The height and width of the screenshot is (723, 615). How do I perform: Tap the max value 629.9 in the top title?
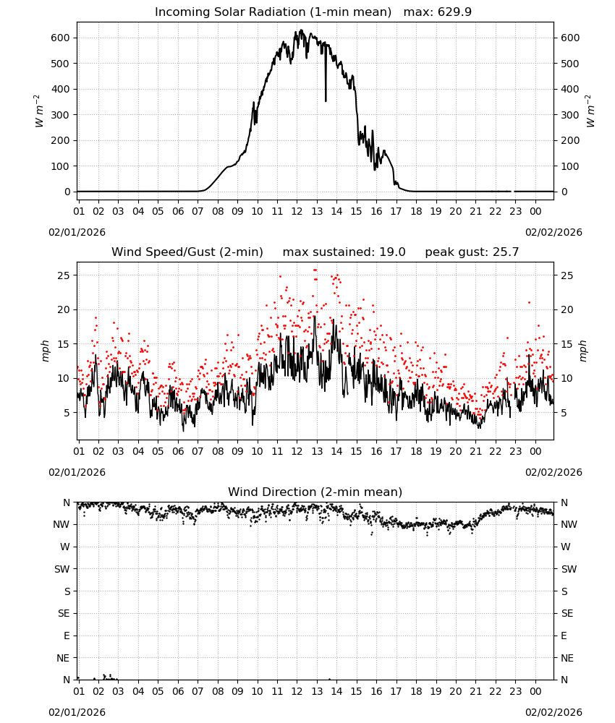pyautogui.click(x=454, y=12)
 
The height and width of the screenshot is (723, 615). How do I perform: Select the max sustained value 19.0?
pyautogui.click(x=392, y=252)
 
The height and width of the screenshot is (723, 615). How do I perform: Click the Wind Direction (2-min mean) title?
pyautogui.click(x=315, y=492)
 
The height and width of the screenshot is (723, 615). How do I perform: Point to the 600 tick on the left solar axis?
pyautogui.click(x=61, y=38)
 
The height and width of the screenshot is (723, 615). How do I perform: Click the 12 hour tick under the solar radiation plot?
pyautogui.click(x=297, y=211)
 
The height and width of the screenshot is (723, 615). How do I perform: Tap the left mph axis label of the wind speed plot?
pyautogui.click(x=45, y=351)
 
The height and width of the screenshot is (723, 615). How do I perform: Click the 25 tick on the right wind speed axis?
pyautogui.click(x=567, y=275)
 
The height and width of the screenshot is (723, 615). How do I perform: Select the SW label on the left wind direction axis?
pyautogui.click(x=61, y=569)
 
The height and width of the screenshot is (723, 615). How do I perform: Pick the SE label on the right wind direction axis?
pyautogui.click(x=567, y=613)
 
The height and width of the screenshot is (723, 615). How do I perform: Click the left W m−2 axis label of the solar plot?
pyautogui.click(x=39, y=111)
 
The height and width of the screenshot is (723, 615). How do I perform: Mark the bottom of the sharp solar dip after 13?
pyautogui.click(x=326, y=101)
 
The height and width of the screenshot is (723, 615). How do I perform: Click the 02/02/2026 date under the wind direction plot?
pyautogui.click(x=553, y=712)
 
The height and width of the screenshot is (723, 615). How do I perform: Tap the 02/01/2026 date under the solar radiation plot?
pyautogui.click(x=77, y=232)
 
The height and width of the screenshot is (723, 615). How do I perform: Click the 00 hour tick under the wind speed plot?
pyautogui.click(x=535, y=451)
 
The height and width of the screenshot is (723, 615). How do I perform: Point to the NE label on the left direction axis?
pyautogui.click(x=63, y=658)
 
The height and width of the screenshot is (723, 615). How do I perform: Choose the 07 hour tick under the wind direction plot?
pyautogui.click(x=198, y=691)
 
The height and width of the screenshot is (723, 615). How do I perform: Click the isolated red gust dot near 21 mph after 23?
pyautogui.click(x=529, y=302)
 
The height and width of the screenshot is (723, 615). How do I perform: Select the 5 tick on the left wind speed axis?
pyautogui.click(x=67, y=413)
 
